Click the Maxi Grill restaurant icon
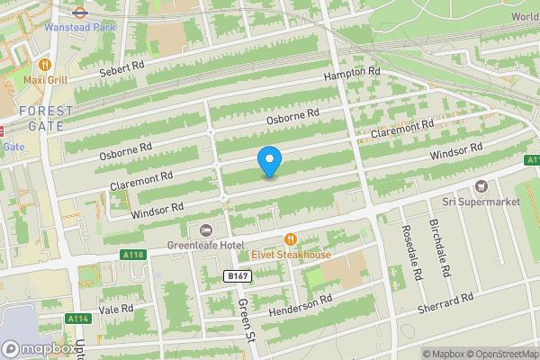coord(45,65)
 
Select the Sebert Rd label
coord(122,68)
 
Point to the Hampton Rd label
coord(353,74)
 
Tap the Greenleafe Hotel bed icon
coord(207,230)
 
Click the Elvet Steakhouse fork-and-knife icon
coord(291,238)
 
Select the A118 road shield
coord(133,255)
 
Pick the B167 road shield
coord(237,276)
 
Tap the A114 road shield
coord(78,318)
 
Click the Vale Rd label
coord(116,310)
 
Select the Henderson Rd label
coord(302,305)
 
